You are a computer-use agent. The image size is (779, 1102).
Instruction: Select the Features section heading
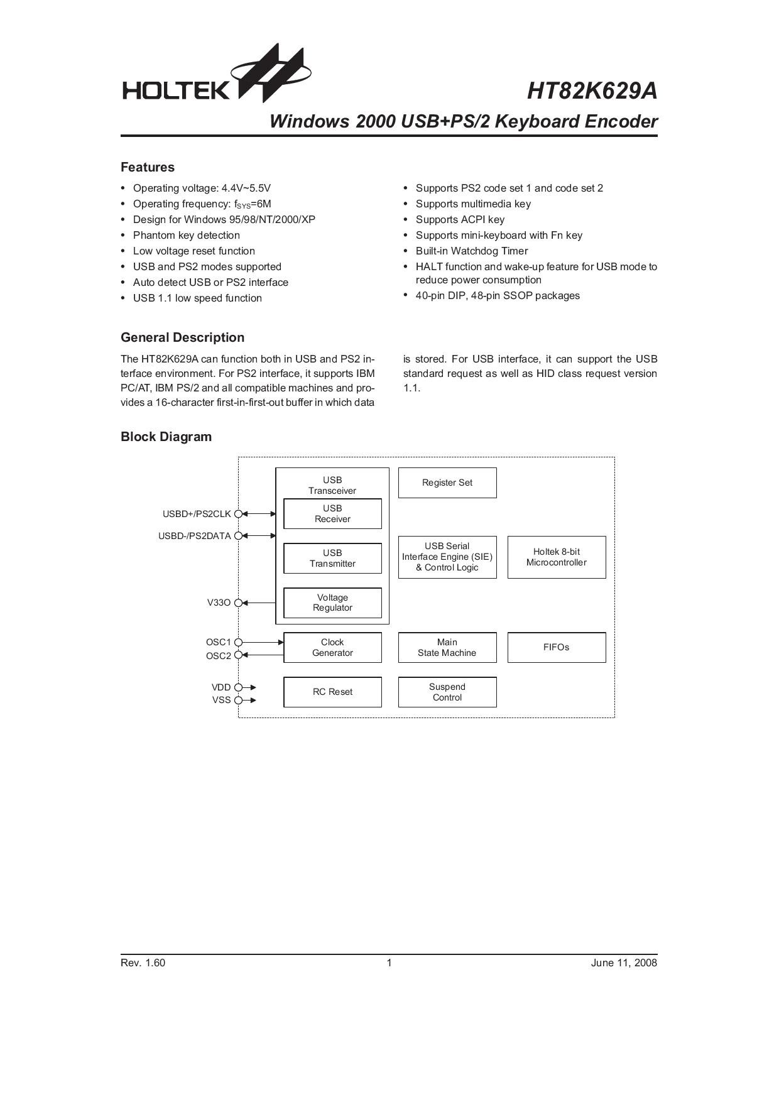(148, 167)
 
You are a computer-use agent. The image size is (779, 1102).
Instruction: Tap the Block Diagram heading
(166, 437)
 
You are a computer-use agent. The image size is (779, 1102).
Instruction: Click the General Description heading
(182, 337)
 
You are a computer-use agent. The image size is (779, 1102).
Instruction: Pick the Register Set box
(447, 483)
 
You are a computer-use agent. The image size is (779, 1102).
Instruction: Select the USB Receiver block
(332, 514)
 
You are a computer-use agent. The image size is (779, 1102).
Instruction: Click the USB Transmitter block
(332, 559)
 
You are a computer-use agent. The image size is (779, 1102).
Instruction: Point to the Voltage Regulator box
(332, 603)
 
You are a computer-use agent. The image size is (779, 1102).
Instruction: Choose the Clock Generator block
(332, 648)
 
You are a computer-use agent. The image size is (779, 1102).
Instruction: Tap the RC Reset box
(332, 692)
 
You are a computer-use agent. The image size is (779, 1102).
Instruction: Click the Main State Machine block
(447, 648)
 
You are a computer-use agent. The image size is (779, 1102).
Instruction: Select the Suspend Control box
(447, 692)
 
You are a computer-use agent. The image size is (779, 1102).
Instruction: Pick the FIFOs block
(557, 648)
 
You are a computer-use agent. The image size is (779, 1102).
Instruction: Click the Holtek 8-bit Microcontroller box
(557, 557)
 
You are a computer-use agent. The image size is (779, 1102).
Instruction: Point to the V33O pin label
(219, 603)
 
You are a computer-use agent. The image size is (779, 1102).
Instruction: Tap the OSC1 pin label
(219, 642)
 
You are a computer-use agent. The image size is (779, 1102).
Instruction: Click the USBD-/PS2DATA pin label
(195, 536)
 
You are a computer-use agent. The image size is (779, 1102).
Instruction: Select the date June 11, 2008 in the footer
(624, 963)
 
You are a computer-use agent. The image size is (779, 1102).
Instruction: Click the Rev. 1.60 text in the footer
(143, 963)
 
